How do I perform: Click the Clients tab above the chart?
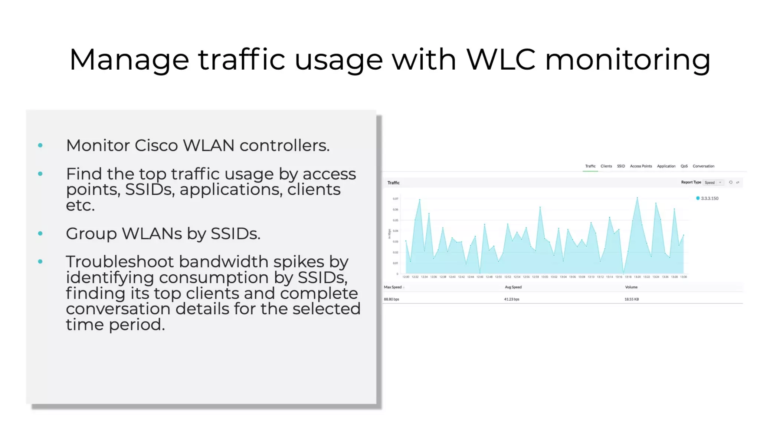pyautogui.click(x=606, y=166)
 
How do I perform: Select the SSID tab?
pyautogui.click(x=621, y=166)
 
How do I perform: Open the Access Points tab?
pyautogui.click(x=641, y=166)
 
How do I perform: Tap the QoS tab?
pyautogui.click(x=684, y=166)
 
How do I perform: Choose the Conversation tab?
pyautogui.click(x=703, y=166)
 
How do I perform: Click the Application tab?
pyautogui.click(x=666, y=166)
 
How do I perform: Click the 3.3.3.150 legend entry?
pyautogui.click(x=709, y=198)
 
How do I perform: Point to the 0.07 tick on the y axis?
pyautogui.click(x=395, y=199)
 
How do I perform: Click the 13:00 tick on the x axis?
pyautogui.click(x=544, y=277)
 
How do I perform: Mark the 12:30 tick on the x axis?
pyautogui.click(x=406, y=277)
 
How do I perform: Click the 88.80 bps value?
pyautogui.click(x=392, y=299)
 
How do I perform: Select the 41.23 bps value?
pyautogui.click(x=512, y=299)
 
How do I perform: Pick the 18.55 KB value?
pyautogui.click(x=632, y=299)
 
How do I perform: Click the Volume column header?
pyautogui.click(x=631, y=287)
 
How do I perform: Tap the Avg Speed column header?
pyautogui.click(x=513, y=287)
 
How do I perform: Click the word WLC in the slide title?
pyautogui.click(x=501, y=59)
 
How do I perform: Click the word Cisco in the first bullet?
pyautogui.click(x=156, y=145)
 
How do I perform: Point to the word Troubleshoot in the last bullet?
pyautogui.click(x=120, y=262)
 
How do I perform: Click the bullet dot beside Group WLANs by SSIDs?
pyautogui.click(x=40, y=234)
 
